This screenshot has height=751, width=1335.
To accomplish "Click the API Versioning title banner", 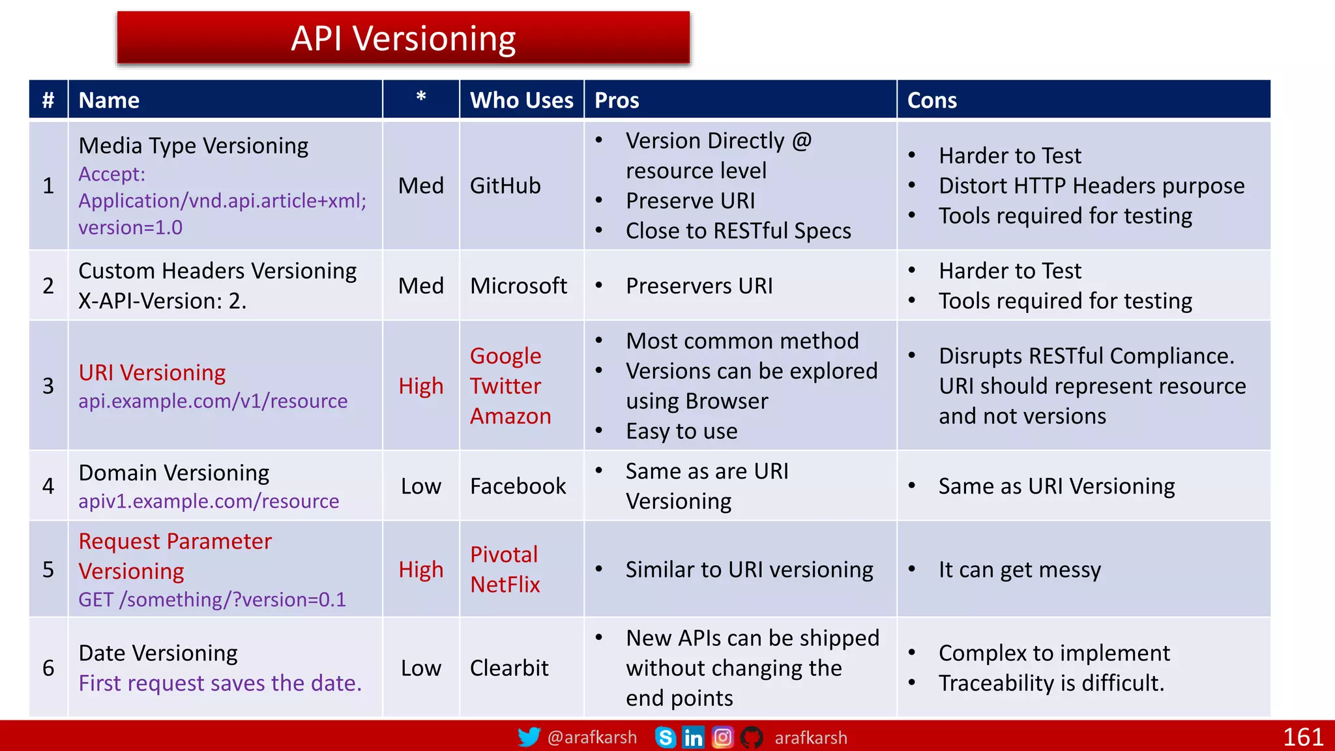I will pyautogui.click(x=403, y=38).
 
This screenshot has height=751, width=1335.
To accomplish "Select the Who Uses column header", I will pyautogui.click(x=521, y=100).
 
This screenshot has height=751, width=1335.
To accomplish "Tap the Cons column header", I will pyautogui.click(x=932, y=100).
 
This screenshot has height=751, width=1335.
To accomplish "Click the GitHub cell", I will pyautogui.click(x=505, y=186).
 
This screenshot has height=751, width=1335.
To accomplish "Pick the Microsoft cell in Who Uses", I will pyautogui.click(x=518, y=286).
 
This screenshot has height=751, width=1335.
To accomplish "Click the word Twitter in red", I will pyautogui.click(x=505, y=386).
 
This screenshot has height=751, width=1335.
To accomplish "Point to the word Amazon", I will pyautogui.click(x=510, y=416).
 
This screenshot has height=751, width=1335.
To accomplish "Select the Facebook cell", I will pyautogui.click(x=518, y=486).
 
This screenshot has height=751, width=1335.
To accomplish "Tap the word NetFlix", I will pyautogui.click(x=505, y=585).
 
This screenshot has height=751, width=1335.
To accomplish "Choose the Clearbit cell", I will pyautogui.click(x=509, y=668).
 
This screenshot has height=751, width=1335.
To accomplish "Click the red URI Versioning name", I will pyautogui.click(x=152, y=373).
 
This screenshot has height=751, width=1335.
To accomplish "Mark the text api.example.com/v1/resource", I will pyautogui.click(x=213, y=401).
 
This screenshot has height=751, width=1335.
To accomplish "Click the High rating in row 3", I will pyautogui.click(x=421, y=387).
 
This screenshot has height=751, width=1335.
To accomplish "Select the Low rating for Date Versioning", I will pyautogui.click(x=421, y=668).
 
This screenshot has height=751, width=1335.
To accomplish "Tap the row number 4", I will pyautogui.click(x=48, y=486).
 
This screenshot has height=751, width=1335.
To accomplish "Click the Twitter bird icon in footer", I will pyautogui.click(x=529, y=737).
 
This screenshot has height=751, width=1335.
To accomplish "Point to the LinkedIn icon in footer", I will pyautogui.click(x=693, y=737).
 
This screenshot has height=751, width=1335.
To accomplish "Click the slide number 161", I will pyautogui.click(x=1302, y=737).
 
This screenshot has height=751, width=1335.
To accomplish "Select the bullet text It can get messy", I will pyautogui.click(x=1020, y=570).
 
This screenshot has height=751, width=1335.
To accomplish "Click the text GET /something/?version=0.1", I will pyautogui.click(x=212, y=600).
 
